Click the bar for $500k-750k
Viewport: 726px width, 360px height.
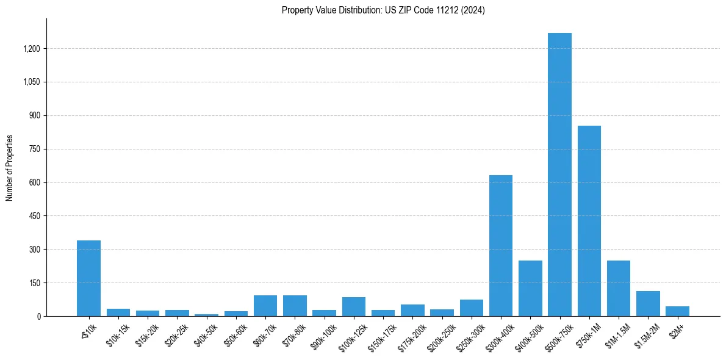pos(559,175)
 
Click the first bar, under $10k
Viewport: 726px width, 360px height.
pos(88,278)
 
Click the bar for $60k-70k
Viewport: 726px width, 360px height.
pos(265,306)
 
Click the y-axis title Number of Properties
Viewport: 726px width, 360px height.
pos(10,168)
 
